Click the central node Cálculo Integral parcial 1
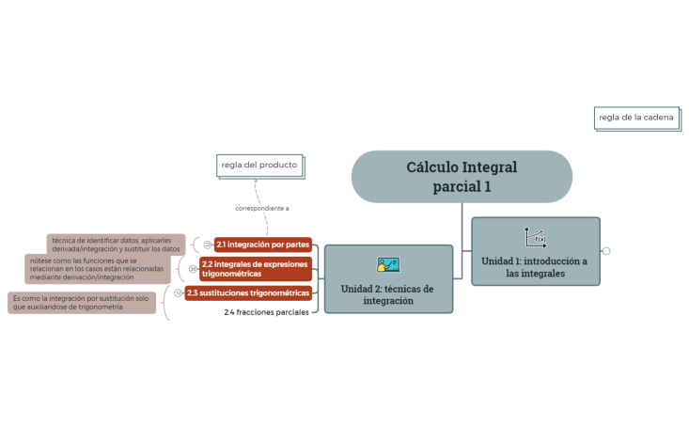pos(462,176)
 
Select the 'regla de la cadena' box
pos(636,118)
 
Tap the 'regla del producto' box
pos(258,166)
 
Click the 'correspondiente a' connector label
pos(261,208)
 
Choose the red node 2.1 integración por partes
pos(262,245)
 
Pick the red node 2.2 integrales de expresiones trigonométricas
pos(255,269)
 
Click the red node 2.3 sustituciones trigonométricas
pos(247,293)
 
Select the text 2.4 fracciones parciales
pos(266,312)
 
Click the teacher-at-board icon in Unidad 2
pos(387,265)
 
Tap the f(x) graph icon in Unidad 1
pos(535,237)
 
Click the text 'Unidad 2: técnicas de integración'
pos(387,294)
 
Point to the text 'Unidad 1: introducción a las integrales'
pos(535,267)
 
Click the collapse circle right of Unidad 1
pos(606,251)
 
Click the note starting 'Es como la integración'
pos(82,303)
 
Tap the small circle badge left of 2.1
pos(207,245)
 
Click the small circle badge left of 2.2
pos(193,269)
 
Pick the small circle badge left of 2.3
pos(179,293)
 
